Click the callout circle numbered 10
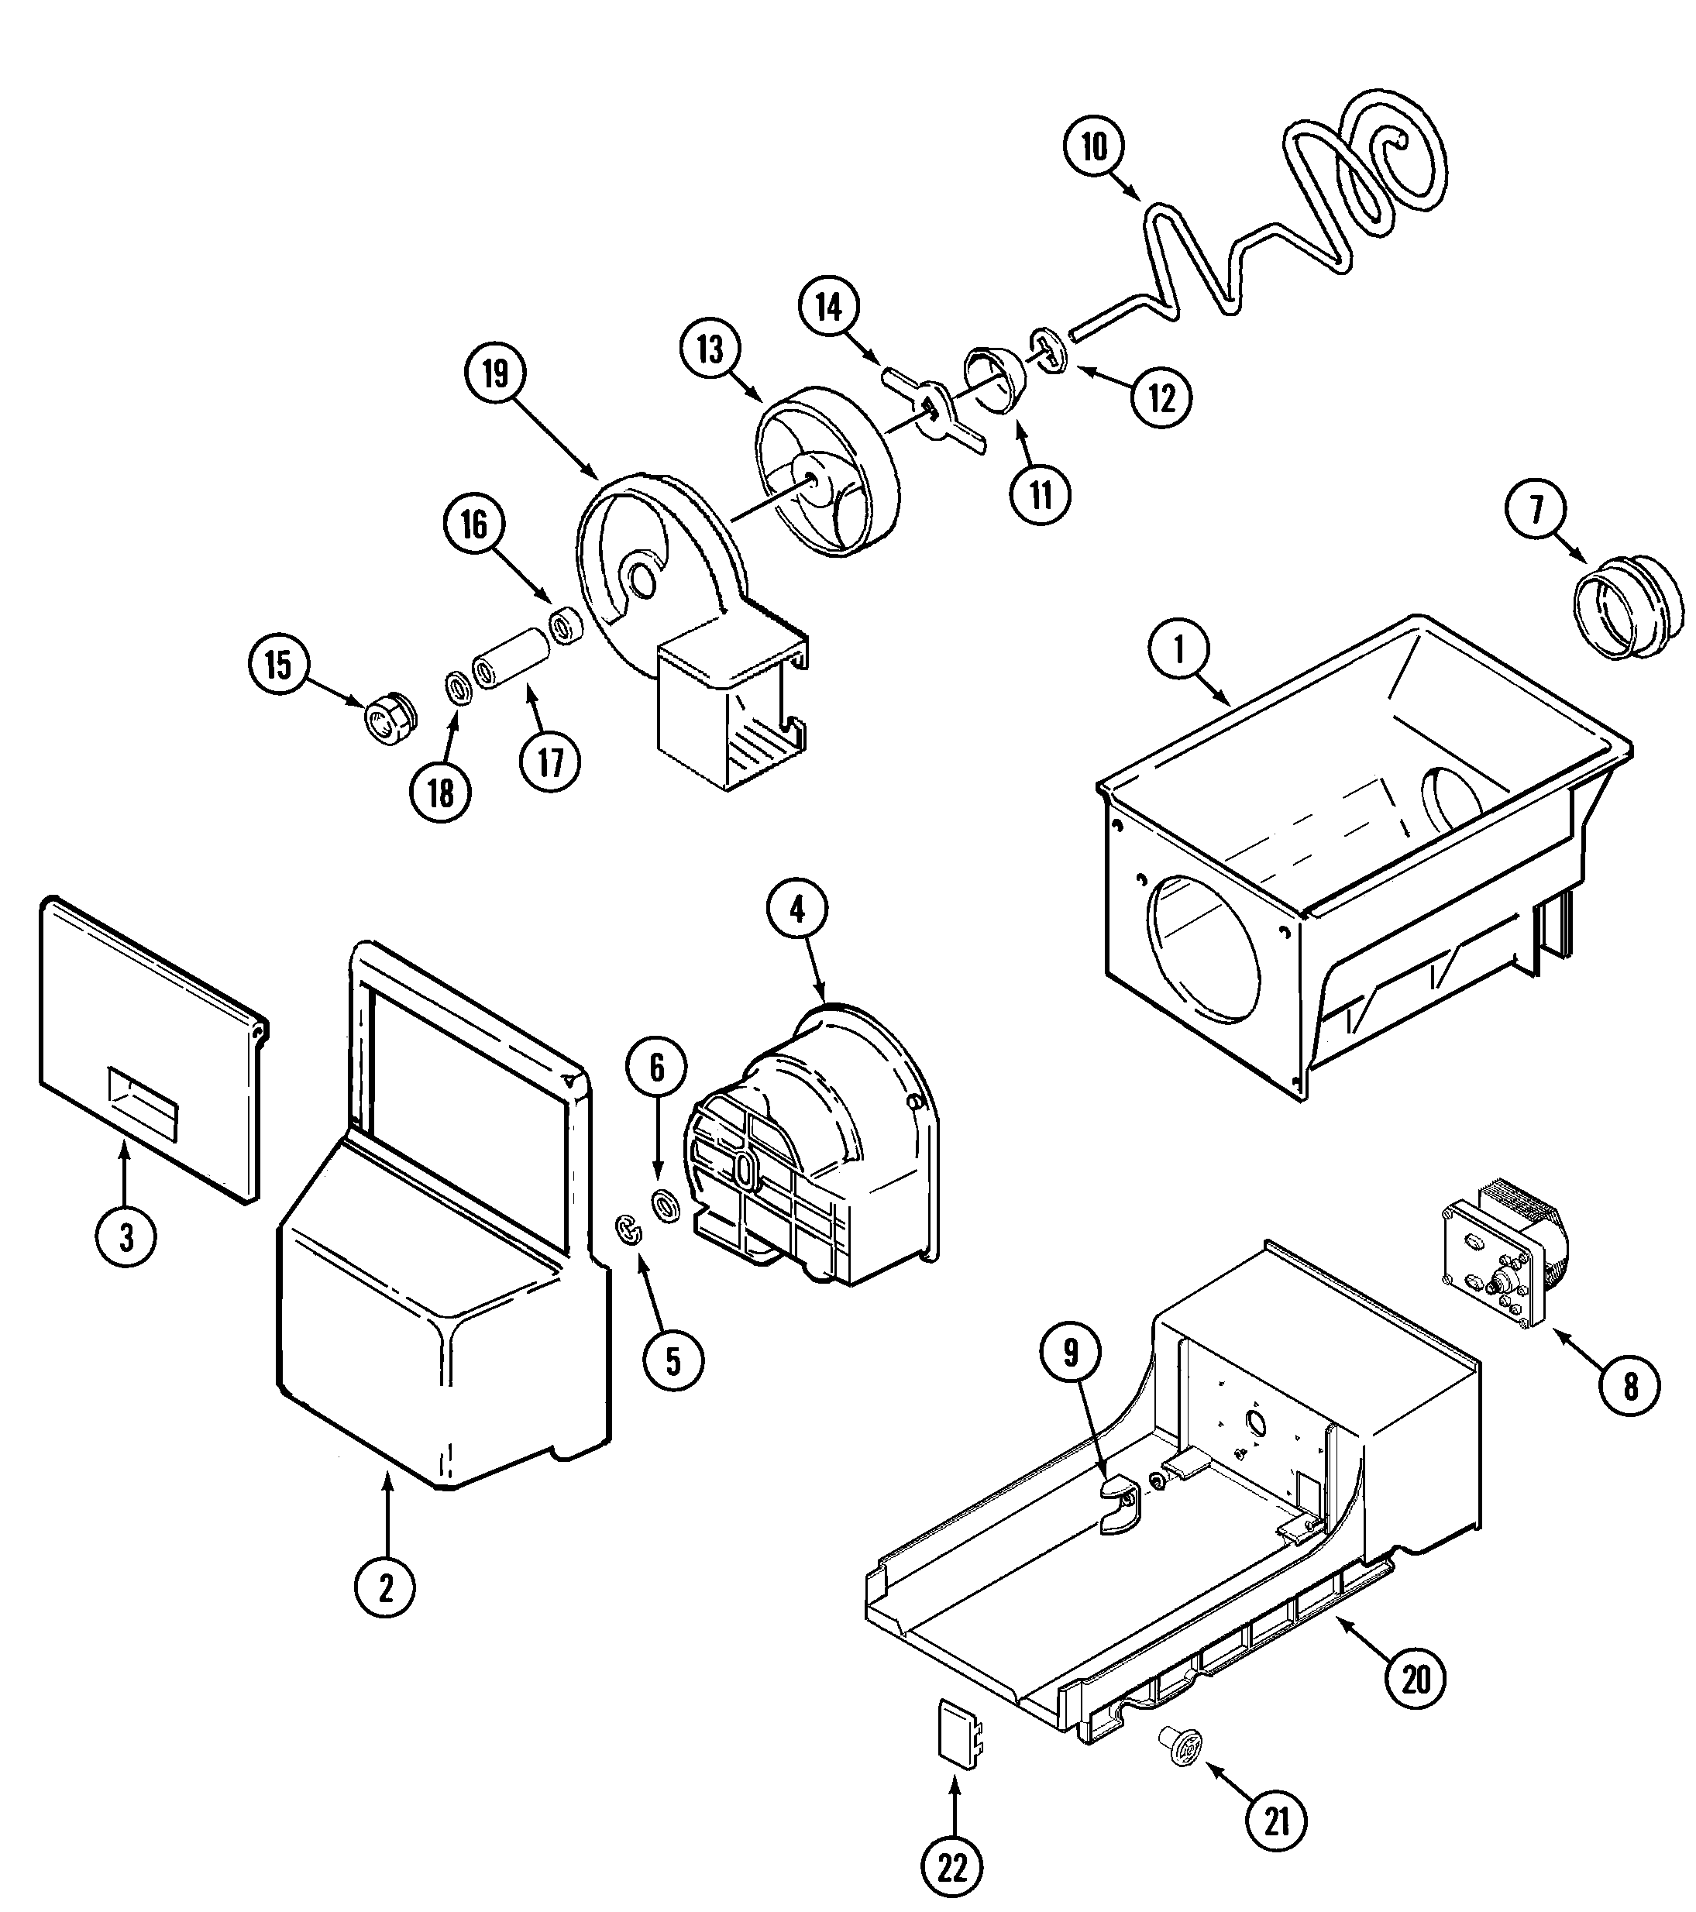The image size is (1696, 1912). click(x=1093, y=147)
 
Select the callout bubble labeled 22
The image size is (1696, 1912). click(x=952, y=1868)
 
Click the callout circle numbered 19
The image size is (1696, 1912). click(x=495, y=373)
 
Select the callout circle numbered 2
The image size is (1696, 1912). click(x=385, y=1587)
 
